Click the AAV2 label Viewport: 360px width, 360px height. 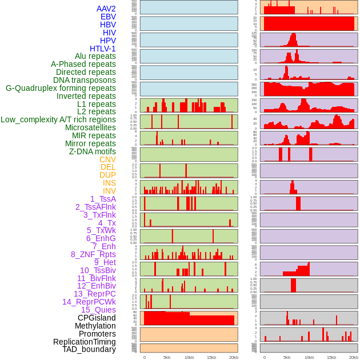pyautogui.click(x=106, y=9)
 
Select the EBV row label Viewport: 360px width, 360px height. pyautogui.click(x=108, y=17)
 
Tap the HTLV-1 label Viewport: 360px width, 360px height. pyautogui.click(x=103, y=49)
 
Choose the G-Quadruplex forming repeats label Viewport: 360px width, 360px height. pyautogui.click(x=61, y=88)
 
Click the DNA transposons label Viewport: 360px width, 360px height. pyautogui.click(x=85, y=80)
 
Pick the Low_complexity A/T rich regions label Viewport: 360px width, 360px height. pyautogui.click(x=58, y=120)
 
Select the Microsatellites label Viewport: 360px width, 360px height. pyautogui.click(x=90, y=128)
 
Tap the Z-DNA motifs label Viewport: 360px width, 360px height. pyautogui.click(x=93, y=151)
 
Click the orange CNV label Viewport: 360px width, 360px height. pyautogui.click(x=107, y=159)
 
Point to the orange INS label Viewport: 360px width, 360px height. pyautogui.click(x=109, y=183)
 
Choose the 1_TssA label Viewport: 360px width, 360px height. pyautogui.click(x=103, y=199)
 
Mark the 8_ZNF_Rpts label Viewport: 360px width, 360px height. pyautogui.click(x=93, y=254)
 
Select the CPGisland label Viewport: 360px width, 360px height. pyautogui.click(x=97, y=318)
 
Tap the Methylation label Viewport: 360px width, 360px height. pyautogui.click(x=95, y=326)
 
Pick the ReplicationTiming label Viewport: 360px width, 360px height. pyautogui.click(x=84, y=342)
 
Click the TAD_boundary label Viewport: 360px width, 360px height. pyautogui.click(x=89, y=349)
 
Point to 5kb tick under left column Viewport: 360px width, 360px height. pyautogui.click(x=167, y=357)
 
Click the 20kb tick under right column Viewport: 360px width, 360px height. pyautogui.click(x=354, y=357)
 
